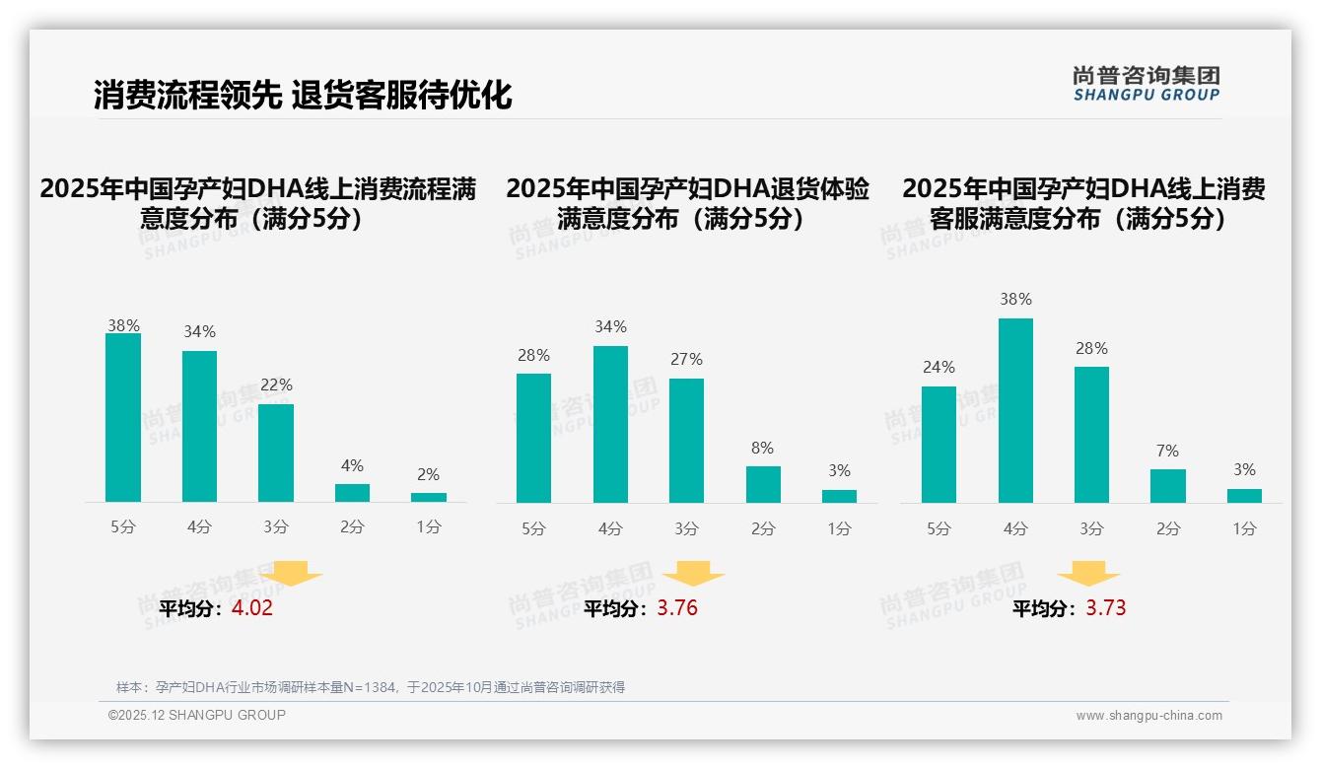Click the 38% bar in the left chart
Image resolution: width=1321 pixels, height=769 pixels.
coord(123,418)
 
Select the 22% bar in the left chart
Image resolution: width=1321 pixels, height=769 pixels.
coord(276,453)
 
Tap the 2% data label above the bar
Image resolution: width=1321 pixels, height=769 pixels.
coord(428,474)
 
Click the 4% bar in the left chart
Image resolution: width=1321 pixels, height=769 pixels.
coord(352,492)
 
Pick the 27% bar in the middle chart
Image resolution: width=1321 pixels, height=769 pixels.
coord(686,441)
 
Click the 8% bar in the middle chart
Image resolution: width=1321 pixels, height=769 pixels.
coord(763,484)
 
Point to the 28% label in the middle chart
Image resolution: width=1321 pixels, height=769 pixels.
coord(533,355)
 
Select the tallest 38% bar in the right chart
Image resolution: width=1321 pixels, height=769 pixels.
coord(1015,410)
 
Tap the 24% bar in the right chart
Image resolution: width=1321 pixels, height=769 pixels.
coord(939,444)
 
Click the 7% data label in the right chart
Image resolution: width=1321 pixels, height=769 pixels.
coord(1167,451)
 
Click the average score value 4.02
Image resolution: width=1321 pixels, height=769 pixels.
coord(251,608)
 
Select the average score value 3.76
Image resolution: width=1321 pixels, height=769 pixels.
coord(677,608)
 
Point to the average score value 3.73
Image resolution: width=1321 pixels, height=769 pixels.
coord(1106,608)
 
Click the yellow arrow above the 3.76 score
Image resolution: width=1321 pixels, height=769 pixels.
coord(693,573)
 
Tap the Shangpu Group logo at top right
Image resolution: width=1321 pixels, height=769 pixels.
coord(1146,84)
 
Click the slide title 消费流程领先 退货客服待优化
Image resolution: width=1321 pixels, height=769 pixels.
coord(303,96)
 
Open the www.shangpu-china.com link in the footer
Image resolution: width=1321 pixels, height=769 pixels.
coord(1148,716)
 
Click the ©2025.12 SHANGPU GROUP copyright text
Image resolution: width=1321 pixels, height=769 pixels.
coord(197,715)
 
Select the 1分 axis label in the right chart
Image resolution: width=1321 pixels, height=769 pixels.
coord(1244,528)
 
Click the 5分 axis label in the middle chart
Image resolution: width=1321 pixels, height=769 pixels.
coord(533,528)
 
